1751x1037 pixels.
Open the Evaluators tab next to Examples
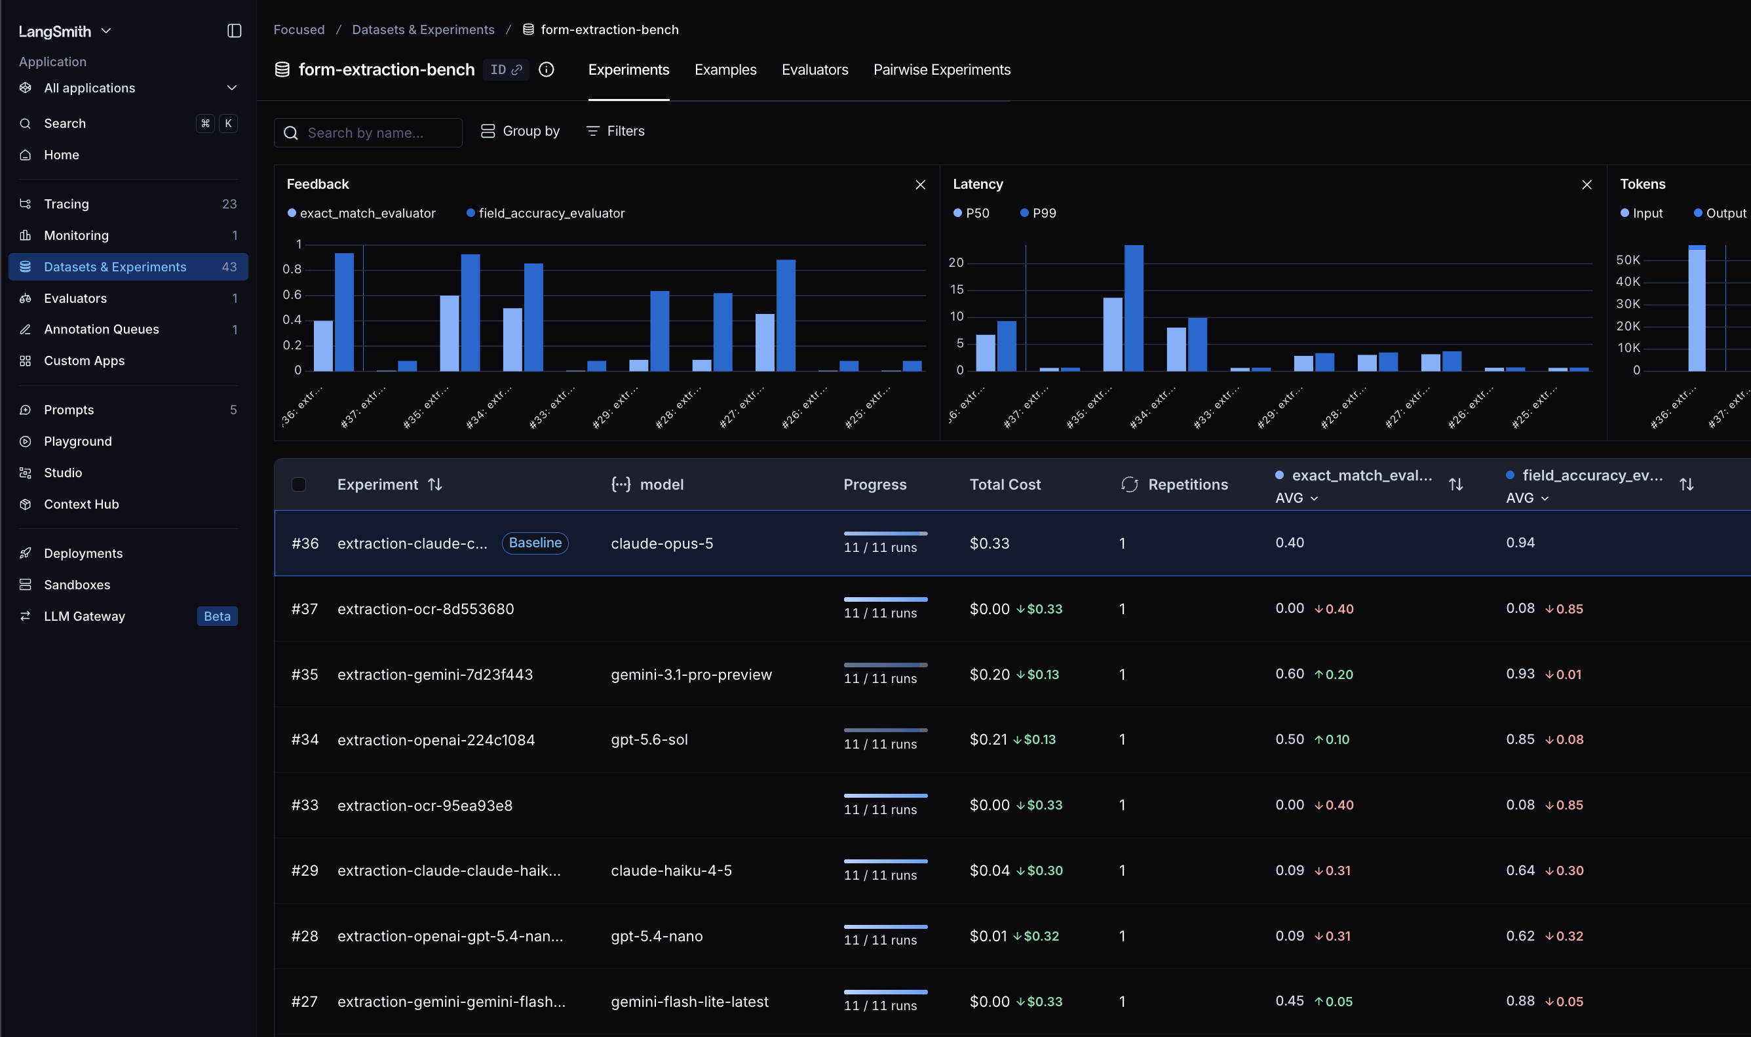(x=815, y=70)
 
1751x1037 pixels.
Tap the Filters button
(x=615, y=131)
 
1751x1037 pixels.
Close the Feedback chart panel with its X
(x=920, y=184)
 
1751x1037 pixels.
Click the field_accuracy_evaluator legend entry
(x=545, y=213)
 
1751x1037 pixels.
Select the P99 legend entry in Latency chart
(x=1038, y=213)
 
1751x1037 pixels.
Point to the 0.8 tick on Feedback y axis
(x=292, y=269)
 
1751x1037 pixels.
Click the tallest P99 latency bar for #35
(x=1134, y=308)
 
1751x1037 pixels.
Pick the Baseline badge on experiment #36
(x=535, y=543)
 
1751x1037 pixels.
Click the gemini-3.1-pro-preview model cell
(x=691, y=675)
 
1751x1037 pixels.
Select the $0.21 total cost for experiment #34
(x=988, y=739)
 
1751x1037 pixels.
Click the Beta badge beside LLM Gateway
(x=217, y=616)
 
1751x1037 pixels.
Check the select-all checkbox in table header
(x=299, y=484)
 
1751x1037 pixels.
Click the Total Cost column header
(x=1005, y=484)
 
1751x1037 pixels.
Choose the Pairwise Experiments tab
(x=942, y=70)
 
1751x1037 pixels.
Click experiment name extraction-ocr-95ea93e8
(x=425, y=805)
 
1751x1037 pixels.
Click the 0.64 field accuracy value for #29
(x=1520, y=870)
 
